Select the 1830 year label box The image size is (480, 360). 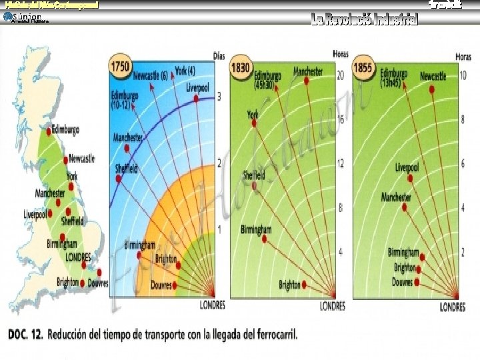click(x=241, y=67)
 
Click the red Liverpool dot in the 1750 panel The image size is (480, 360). click(x=196, y=98)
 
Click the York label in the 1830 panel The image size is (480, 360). click(x=252, y=115)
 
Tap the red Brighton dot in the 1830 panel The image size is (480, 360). click(x=304, y=284)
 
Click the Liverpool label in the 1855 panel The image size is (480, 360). click(x=407, y=167)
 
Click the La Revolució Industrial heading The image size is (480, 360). click(x=364, y=20)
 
